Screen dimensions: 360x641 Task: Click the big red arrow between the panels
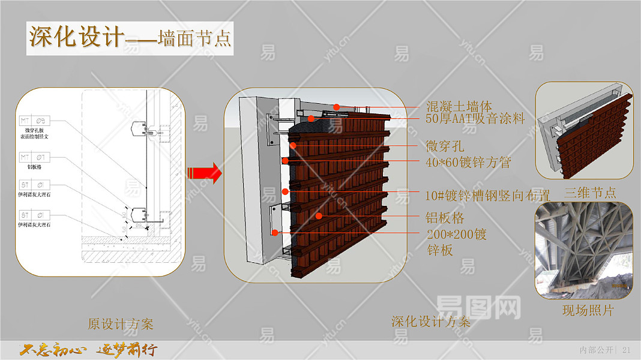204,173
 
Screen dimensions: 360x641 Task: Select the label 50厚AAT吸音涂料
475,119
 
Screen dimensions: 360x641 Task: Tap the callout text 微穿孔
445,146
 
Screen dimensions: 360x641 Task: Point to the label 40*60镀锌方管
468,162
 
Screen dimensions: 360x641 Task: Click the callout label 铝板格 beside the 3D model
445,217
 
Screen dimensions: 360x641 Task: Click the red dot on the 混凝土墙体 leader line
337,107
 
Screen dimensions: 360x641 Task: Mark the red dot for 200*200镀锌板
275,232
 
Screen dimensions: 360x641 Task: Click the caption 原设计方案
121,325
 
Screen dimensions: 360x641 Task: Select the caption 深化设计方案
430,322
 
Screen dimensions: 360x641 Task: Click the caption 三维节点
591,193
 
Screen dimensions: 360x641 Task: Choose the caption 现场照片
588,310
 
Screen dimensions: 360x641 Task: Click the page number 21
627,349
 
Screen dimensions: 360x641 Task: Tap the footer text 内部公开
597,349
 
